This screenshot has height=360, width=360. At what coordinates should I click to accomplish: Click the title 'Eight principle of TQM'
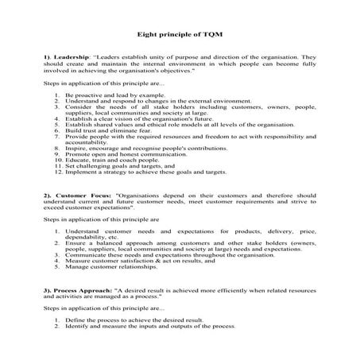coord(180,36)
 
